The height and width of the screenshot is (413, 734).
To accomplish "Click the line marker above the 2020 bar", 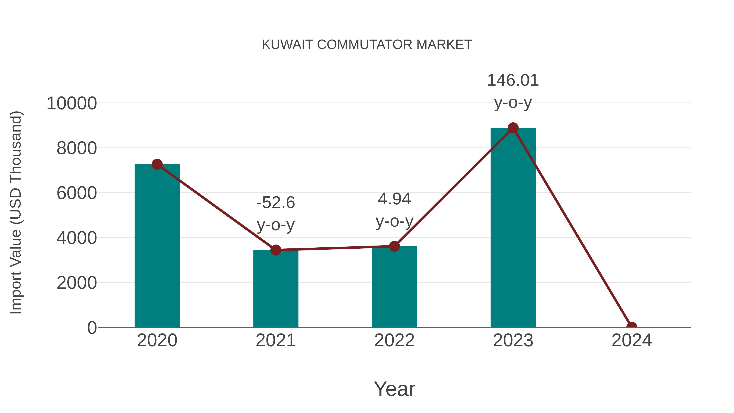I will click(x=157, y=164).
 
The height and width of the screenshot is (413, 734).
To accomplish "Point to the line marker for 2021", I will click(x=275, y=250).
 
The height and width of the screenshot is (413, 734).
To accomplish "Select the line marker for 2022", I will click(x=394, y=246).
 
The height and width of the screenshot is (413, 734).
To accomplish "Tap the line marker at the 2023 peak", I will click(x=513, y=128).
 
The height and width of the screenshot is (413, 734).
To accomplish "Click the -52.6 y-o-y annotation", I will click(x=275, y=214).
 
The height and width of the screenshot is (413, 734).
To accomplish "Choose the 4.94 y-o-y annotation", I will click(x=394, y=210).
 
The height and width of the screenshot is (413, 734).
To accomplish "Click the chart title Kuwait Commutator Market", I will click(x=367, y=44).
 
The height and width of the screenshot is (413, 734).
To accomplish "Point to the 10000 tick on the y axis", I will click(x=72, y=103).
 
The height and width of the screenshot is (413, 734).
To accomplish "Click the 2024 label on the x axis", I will click(x=631, y=340).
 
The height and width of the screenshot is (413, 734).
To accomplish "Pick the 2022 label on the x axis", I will click(x=394, y=340).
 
